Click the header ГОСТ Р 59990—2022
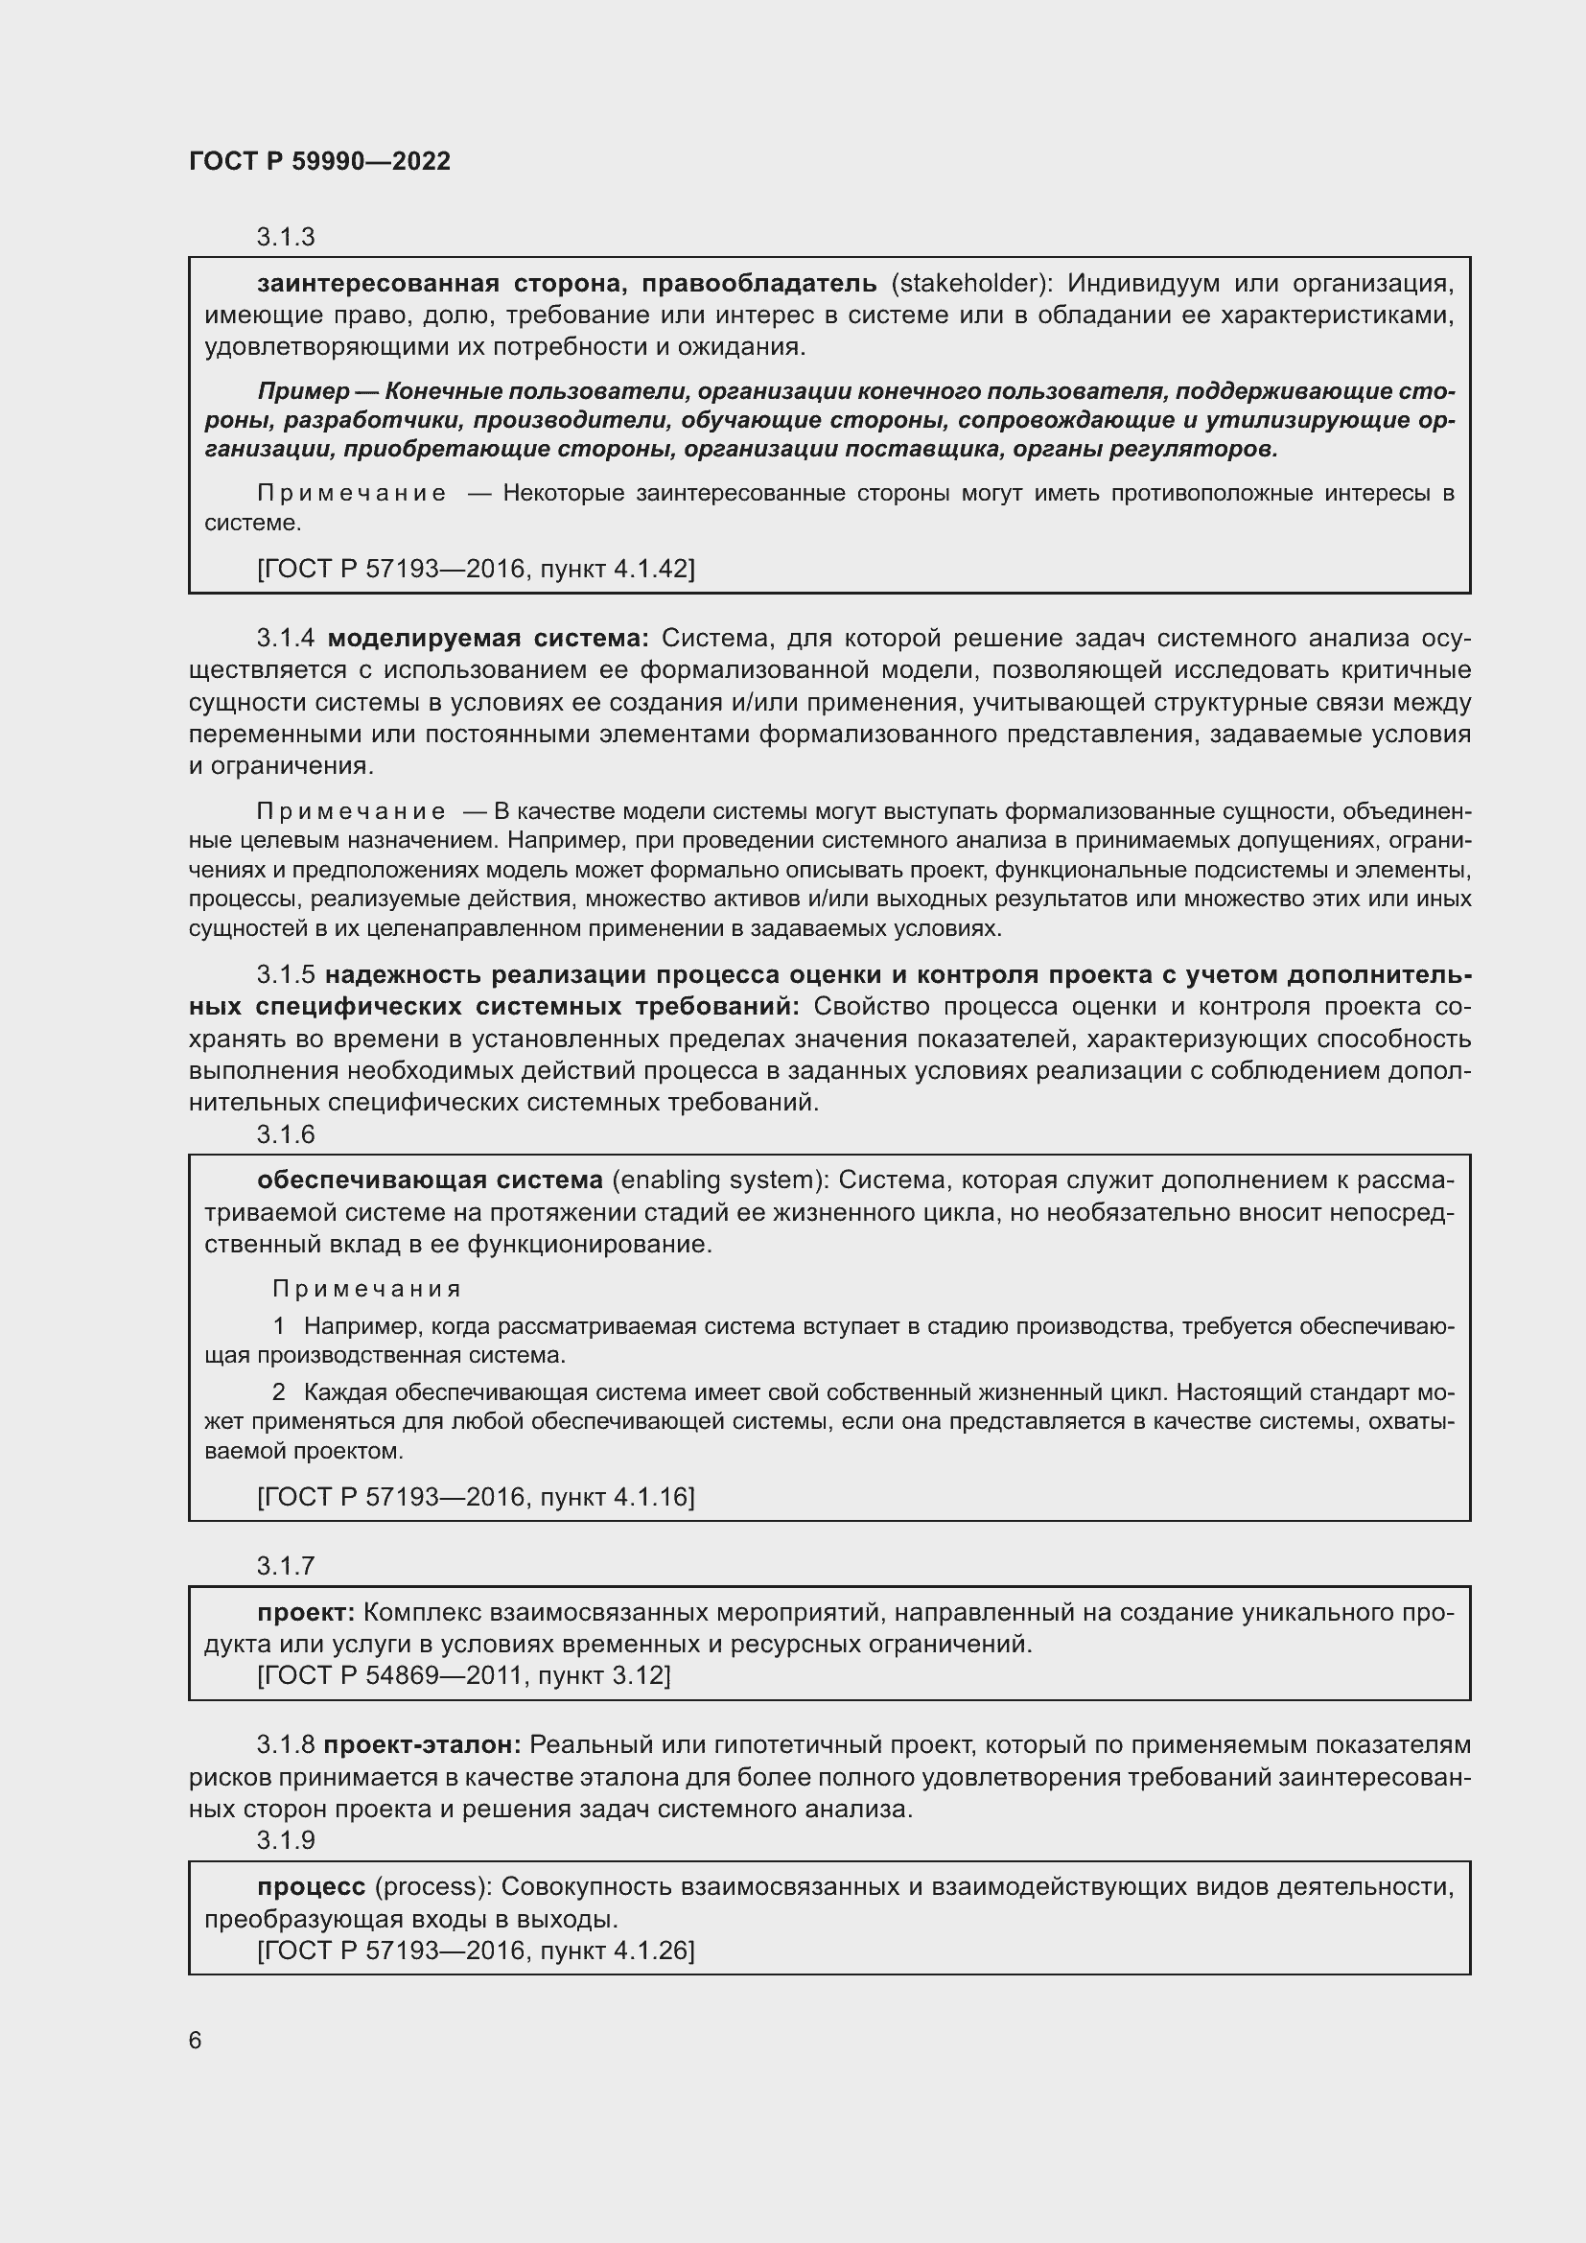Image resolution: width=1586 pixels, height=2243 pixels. pyautogui.click(x=319, y=161)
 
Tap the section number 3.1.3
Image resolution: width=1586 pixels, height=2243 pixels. pyautogui.click(x=285, y=237)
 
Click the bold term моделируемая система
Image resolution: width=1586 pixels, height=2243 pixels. pyautogui.click(x=487, y=638)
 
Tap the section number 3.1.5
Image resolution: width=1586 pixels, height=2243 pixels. pyautogui.click(x=285, y=975)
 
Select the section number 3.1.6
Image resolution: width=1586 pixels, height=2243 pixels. pyautogui.click(x=285, y=1134)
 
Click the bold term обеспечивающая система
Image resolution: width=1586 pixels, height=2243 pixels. pyautogui.click(x=430, y=1180)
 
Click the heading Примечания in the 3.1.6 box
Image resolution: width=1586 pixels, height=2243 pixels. pyautogui.click(x=366, y=1289)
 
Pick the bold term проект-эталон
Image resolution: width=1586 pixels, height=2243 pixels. pyautogui.click(x=422, y=1744)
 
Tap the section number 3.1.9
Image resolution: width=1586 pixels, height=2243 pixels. pyautogui.click(x=285, y=1839)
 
